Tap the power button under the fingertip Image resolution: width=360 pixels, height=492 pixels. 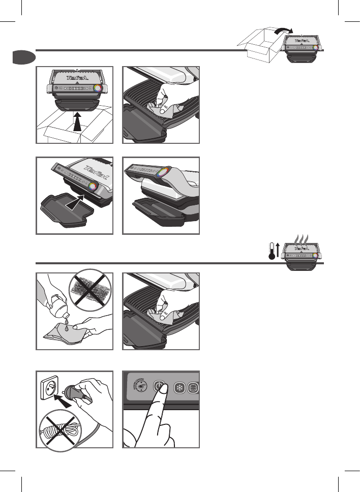(x=160, y=386)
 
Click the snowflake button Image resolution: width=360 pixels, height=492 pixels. (x=179, y=387)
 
